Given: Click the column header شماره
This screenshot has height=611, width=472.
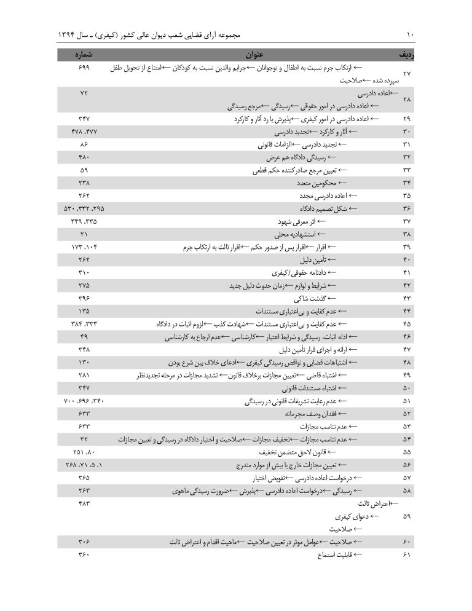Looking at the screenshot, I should coord(84,54).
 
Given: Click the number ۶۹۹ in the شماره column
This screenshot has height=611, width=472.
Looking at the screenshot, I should coord(84,67).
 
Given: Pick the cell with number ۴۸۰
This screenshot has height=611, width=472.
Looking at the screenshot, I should coord(84,157).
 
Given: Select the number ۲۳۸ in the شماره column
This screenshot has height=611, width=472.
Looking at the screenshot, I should coord(84,183).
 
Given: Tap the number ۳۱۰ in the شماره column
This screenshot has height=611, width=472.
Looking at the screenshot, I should coord(84,272).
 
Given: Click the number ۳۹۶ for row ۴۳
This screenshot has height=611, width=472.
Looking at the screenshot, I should coord(84,298).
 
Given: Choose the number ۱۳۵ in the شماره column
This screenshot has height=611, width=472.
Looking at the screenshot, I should coord(84,311).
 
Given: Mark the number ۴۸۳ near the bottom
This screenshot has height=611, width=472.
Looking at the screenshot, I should coord(84,503).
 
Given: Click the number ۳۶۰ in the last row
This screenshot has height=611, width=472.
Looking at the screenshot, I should coord(84,555).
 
